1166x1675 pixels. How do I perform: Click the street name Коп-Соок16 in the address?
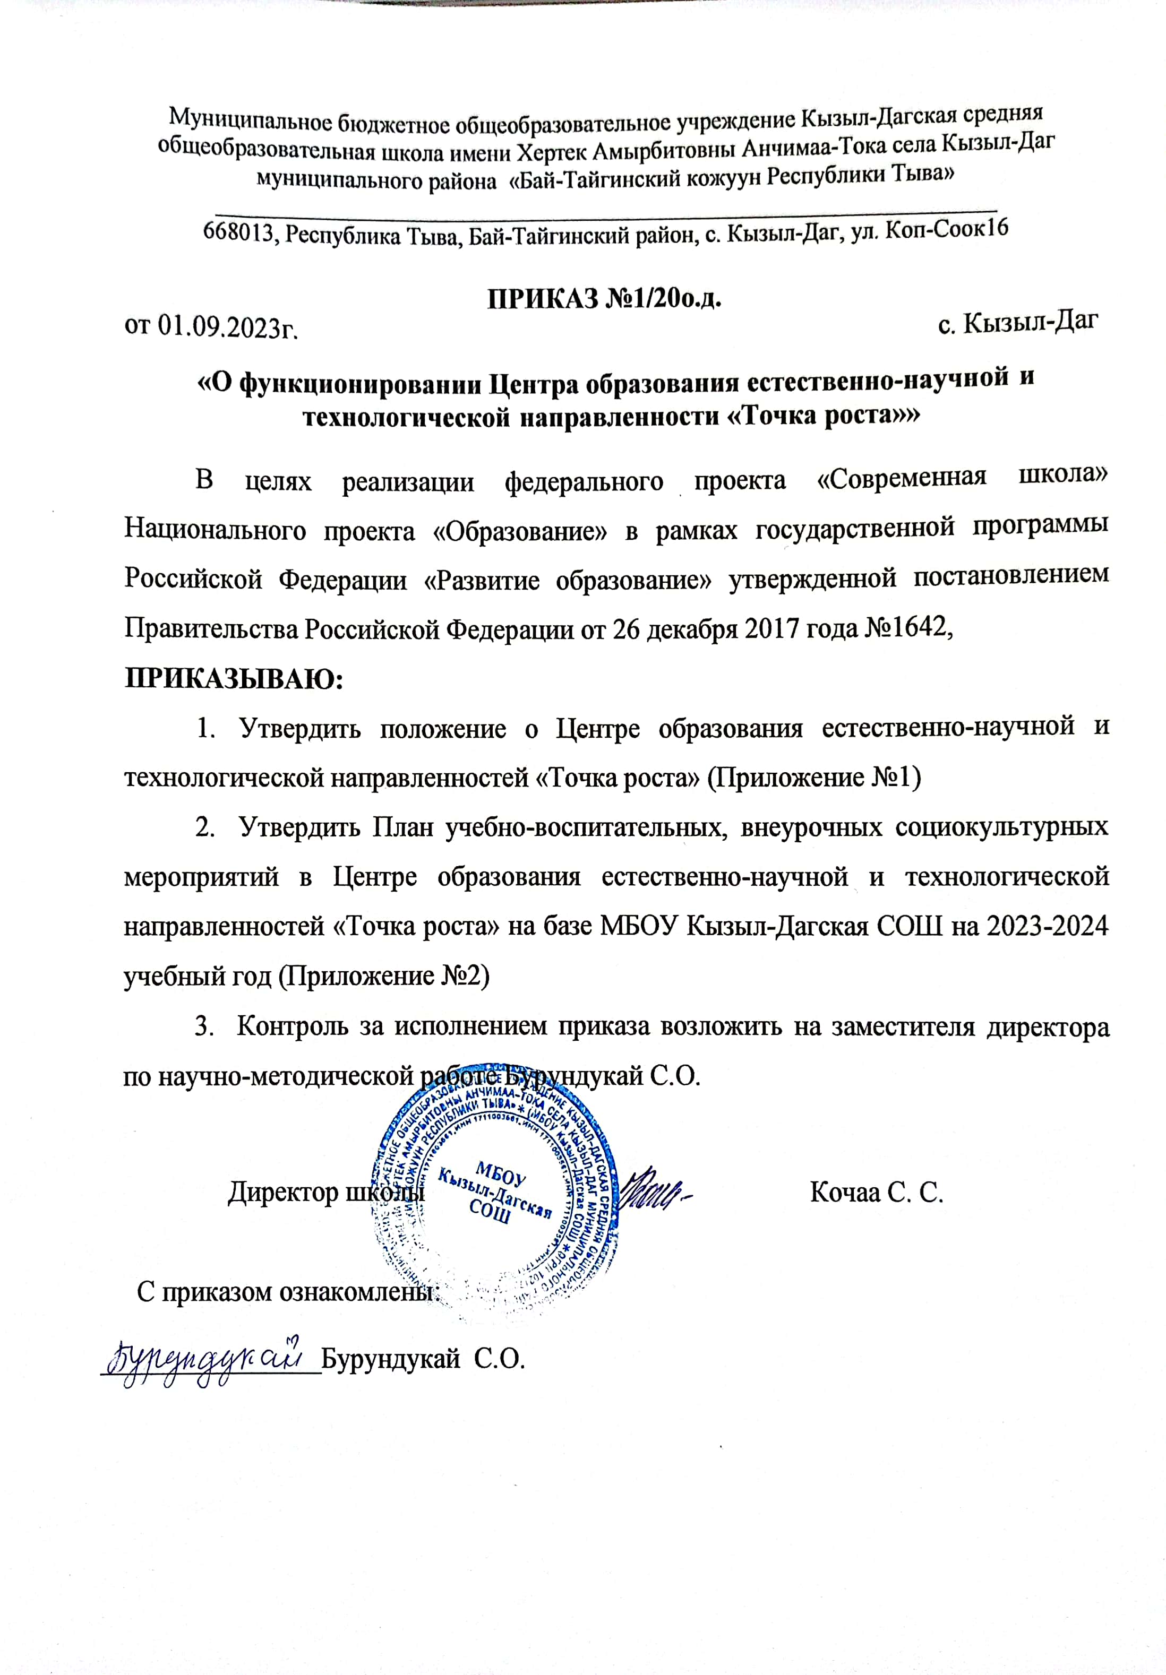tap(946, 229)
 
